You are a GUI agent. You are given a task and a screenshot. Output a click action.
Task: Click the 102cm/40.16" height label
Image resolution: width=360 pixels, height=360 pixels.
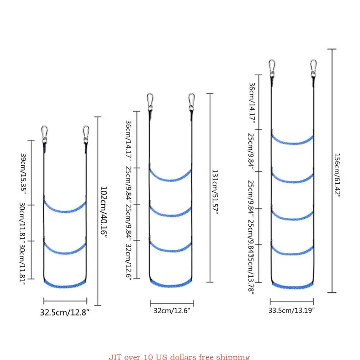(x=104, y=212)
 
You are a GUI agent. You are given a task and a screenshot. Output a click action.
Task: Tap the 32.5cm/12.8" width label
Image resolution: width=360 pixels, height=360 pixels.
(x=66, y=313)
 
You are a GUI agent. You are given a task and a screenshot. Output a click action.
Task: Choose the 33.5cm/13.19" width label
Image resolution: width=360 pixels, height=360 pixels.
(x=292, y=310)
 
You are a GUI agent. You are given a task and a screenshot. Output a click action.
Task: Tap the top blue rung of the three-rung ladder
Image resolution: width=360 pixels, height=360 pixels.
(x=65, y=208)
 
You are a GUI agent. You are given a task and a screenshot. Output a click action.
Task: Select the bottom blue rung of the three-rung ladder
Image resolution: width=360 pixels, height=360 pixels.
(x=65, y=284)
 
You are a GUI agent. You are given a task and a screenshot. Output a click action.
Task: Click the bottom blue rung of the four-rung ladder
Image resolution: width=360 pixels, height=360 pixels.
(x=171, y=284)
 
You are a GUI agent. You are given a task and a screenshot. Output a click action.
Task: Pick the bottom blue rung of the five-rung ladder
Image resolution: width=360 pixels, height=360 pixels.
(x=292, y=285)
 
